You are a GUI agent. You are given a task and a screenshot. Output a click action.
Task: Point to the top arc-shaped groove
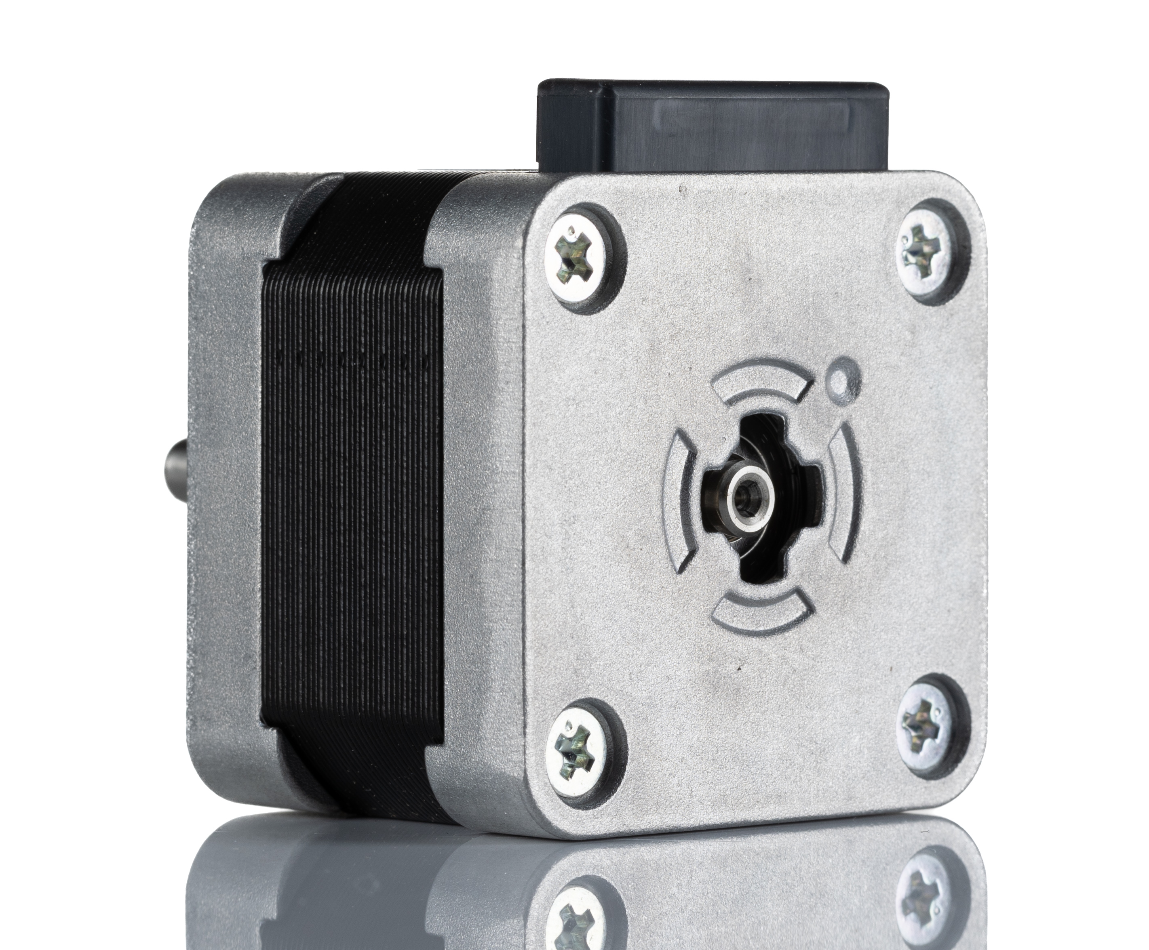coord(763,384)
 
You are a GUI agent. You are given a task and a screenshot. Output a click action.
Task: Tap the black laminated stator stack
coord(356,492)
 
